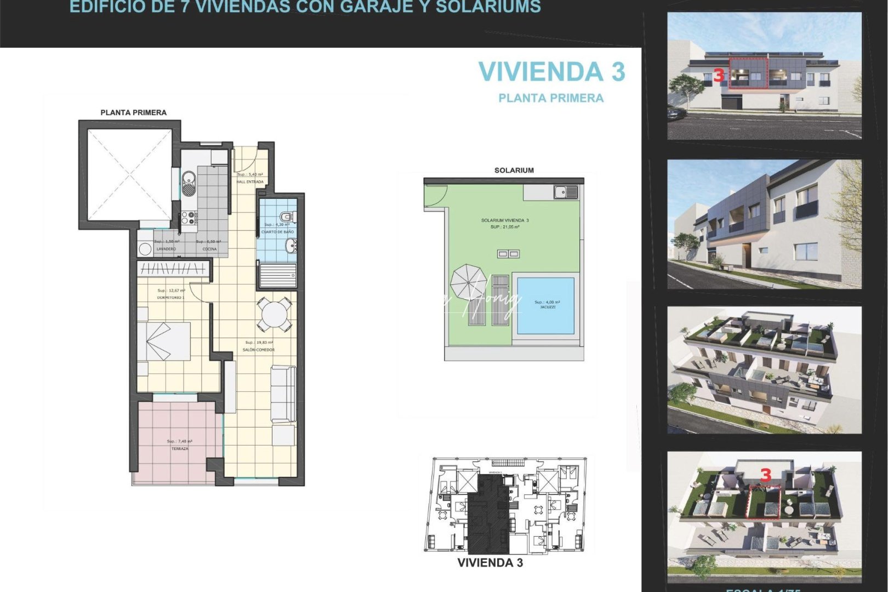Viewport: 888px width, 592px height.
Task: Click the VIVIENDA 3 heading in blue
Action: pos(551,72)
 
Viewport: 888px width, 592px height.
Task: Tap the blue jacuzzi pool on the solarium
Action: pos(545,305)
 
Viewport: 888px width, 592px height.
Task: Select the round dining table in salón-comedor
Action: pos(273,314)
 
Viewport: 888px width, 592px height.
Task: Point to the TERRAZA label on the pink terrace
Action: pos(180,448)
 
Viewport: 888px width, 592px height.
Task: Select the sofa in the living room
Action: pos(283,394)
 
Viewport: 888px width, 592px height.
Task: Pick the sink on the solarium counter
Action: pos(565,192)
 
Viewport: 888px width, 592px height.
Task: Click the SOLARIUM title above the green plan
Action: pos(514,170)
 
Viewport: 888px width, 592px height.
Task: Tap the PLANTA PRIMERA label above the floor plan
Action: pos(133,112)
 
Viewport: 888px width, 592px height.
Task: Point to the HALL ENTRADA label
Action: pos(250,181)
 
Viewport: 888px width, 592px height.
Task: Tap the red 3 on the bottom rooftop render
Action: pos(766,475)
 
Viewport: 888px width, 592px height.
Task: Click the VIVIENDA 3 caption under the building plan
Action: pos(489,562)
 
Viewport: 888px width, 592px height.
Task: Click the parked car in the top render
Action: pos(676,113)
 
